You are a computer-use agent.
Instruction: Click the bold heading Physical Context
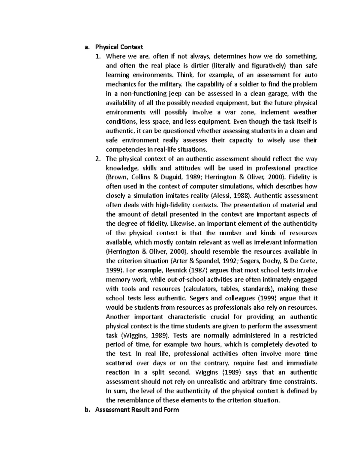pyautogui.click(x=119, y=47)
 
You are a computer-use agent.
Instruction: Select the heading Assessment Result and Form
pyautogui.click(x=137, y=409)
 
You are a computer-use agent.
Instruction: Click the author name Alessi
pyautogui.click(x=220, y=196)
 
